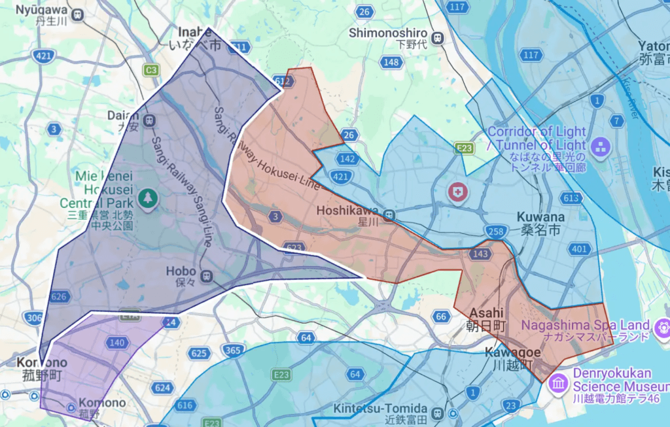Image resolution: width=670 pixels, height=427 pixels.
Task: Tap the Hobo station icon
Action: click(207, 275)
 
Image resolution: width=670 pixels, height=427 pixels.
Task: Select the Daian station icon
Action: click(150, 120)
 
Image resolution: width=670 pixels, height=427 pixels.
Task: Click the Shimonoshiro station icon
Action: click(438, 37)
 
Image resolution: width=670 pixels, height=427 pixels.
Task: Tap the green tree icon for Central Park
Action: click(149, 196)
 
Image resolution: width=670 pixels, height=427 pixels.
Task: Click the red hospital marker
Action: click(457, 192)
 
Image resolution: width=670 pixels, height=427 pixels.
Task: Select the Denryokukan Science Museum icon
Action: click(558, 383)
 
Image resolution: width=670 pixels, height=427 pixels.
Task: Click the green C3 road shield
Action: click(152, 69)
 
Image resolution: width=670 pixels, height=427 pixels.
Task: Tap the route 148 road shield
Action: click(391, 62)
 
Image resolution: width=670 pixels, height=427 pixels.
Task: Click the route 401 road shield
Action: click(579, 248)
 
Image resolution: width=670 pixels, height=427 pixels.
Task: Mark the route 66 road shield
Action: click(440, 317)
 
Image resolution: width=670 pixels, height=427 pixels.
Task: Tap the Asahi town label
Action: click(486, 318)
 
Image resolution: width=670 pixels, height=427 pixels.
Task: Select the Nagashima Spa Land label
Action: click(586, 330)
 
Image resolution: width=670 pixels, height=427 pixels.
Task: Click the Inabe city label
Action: click(196, 37)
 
